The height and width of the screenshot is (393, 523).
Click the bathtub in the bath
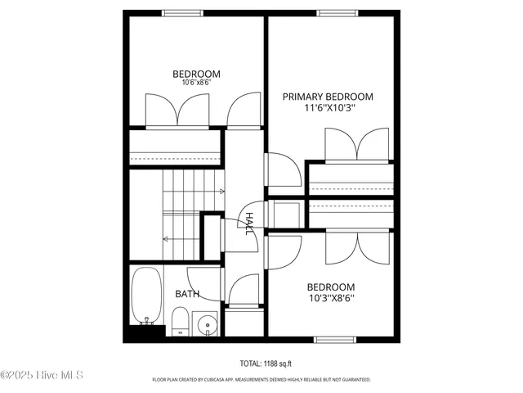(147, 296)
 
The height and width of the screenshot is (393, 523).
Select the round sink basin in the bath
(208, 325)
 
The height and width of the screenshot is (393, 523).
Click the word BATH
(187, 294)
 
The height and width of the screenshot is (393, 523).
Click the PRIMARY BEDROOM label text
(328, 97)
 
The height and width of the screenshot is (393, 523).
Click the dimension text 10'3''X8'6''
(330, 299)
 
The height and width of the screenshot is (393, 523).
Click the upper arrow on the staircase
(221, 192)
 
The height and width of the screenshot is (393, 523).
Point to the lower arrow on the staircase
(166, 239)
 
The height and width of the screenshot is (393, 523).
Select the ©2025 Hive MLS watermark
(42, 376)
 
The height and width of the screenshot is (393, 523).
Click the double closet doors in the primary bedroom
(356, 145)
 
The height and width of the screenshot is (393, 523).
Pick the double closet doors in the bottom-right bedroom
(356, 247)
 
